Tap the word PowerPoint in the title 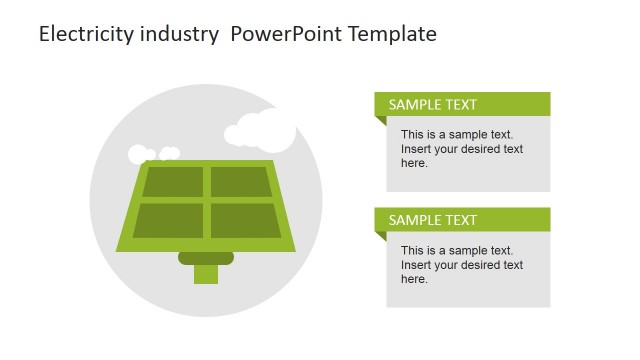[x=282, y=34]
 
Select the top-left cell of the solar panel [x=172, y=182]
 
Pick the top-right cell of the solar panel [x=240, y=182]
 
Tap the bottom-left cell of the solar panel [x=167, y=220]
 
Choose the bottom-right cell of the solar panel [x=245, y=220]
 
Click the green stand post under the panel [x=206, y=273]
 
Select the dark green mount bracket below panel [x=206, y=258]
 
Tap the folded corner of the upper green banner [x=380, y=121]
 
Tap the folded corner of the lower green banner [x=380, y=237]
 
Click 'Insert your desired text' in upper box [x=461, y=149]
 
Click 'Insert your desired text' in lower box [x=461, y=265]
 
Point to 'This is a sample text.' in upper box [x=456, y=134]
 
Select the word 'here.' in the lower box [x=414, y=279]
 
